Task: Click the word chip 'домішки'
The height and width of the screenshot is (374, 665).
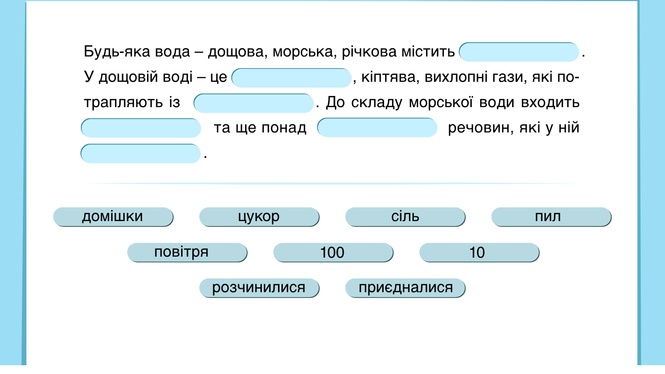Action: (x=113, y=217)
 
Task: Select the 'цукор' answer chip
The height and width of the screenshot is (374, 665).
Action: (x=259, y=217)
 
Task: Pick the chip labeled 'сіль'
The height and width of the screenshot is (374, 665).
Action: (x=405, y=217)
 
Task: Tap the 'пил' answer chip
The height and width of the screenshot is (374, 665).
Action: (x=551, y=217)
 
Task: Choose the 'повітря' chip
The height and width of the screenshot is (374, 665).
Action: (x=187, y=253)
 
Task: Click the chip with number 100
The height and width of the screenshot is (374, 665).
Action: (x=333, y=253)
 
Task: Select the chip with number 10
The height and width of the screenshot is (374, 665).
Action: (x=480, y=253)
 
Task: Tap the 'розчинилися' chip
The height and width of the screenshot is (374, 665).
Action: (x=259, y=288)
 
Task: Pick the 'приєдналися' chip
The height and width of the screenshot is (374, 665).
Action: (x=405, y=288)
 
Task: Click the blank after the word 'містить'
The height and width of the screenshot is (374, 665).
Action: (x=519, y=52)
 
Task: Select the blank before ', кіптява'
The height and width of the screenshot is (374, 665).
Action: (x=292, y=78)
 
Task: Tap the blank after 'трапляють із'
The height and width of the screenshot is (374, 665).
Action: (x=254, y=103)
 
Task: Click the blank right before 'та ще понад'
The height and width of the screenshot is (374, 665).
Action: (x=141, y=128)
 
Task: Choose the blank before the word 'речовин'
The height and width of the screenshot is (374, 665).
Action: (x=377, y=128)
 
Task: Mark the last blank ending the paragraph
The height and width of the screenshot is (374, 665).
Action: (x=141, y=153)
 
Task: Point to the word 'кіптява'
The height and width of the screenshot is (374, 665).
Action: (x=390, y=77)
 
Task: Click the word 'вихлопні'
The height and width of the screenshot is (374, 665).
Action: (x=456, y=77)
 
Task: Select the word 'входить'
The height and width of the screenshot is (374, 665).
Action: (x=550, y=102)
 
